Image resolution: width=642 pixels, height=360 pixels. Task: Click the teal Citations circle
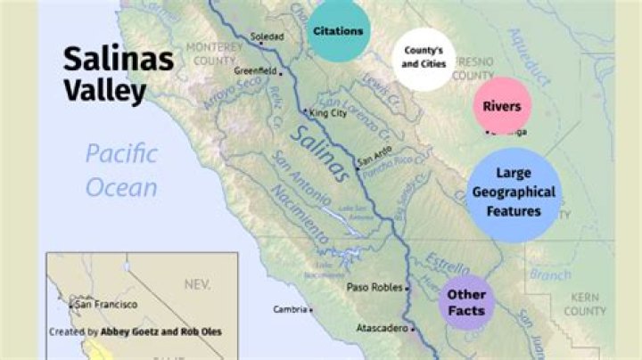pyautogui.click(x=338, y=31)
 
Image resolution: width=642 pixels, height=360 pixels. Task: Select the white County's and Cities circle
pyautogui.click(x=424, y=58)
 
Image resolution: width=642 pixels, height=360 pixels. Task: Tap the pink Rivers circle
pyautogui.click(x=502, y=106)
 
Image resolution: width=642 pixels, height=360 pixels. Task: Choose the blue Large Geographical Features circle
pyautogui.click(x=513, y=196)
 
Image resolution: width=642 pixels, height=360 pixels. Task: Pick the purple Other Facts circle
pyautogui.click(x=466, y=301)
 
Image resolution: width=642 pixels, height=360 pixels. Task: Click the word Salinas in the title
pyautogui.click(x=116, y=60)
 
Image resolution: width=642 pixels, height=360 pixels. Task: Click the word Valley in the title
pyautogui.click(x=104, y=90)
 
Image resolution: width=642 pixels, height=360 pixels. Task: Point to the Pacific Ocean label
pyautogui.click(x=122, y=170)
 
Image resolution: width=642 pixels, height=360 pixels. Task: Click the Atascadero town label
pyautogui.click(x=382, y=328)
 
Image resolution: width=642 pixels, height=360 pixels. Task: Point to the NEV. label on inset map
pyautogui.click(x=195, y=284)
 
